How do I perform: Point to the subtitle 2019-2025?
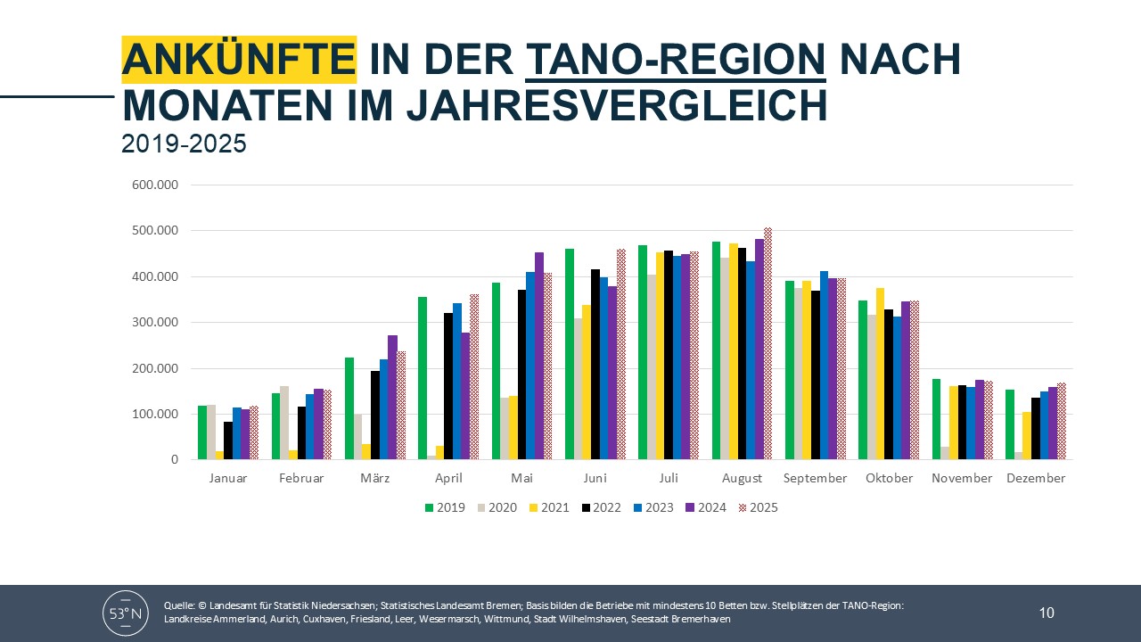tap(184, 144)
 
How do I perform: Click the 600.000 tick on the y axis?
tap(155, 185)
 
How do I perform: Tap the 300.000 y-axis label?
tap(155, 323)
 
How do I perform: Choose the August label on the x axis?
tap(742, 478)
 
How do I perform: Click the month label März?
tap(374, 478)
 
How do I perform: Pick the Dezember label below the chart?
tap(1036, 478)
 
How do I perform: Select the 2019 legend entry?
tap(445, 507)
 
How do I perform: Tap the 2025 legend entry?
tap(757, 507)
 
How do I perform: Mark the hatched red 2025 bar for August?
tap(768, 343)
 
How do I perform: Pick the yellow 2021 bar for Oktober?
tap(880, 374)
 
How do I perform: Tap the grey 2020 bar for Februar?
tap(285, 423)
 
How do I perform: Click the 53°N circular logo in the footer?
tap(126, 613)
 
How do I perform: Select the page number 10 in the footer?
tap(1047, 613)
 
